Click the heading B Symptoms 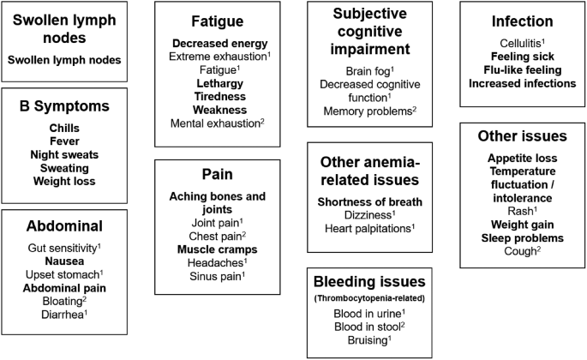(65, 107)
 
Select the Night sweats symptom (65, 154)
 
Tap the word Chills (65, 127)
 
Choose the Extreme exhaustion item (218, 57)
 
